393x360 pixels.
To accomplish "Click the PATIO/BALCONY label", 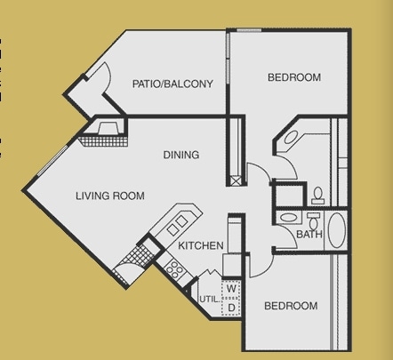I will [x=172, y=84].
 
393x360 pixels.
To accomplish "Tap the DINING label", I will [x=180, y=156].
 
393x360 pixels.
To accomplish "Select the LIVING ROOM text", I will [x=109, y=196].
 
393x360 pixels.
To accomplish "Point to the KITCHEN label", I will [x=200, y=245].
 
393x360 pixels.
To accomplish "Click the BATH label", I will [x=309, y=236].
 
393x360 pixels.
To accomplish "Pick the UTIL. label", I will [x=209, y=300].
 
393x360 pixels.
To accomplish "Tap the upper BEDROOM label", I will [x=293, y=78].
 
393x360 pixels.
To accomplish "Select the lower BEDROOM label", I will [x=290, y=306].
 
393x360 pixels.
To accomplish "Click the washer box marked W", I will [x=230, y=289].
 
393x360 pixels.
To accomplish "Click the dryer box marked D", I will [x=230, y=307].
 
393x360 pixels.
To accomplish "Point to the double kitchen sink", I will [x=178, y=222].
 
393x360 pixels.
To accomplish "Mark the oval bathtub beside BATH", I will [x=337, y=230].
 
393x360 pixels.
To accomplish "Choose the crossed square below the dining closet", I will [x=235, y=180].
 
